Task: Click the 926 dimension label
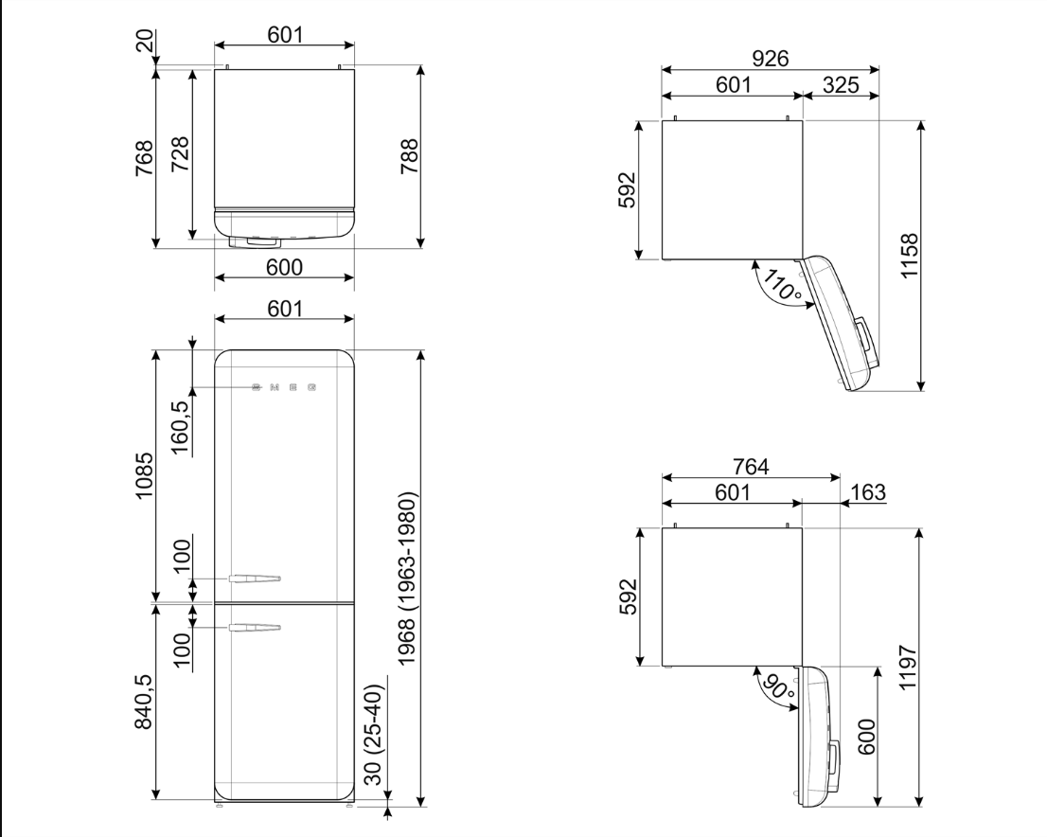pos(770,59)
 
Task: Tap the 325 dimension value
pos(841,85)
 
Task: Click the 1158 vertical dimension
pos(910,256)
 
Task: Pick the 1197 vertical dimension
pos(910,668)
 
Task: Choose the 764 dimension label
pos(752,466)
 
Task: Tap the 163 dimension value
pos(868,492)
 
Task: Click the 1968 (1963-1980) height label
pos(408,579)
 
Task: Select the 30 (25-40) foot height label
pos(374,734)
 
